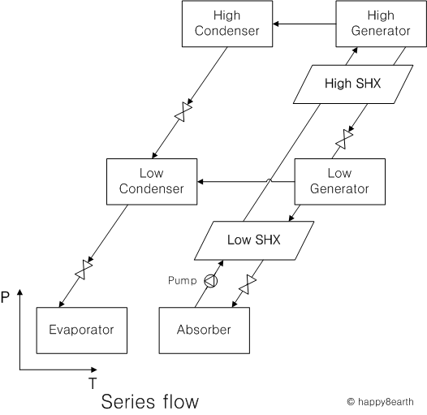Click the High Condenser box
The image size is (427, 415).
tap(227, 24)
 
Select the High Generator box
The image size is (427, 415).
tap(381, 24)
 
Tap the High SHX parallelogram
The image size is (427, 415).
tap(353, 84)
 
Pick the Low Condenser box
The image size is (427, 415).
tap(152, 181)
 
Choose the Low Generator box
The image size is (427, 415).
tap(340, 181)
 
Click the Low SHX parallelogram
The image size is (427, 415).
tap(254, 240)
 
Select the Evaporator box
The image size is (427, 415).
tap(82, 331)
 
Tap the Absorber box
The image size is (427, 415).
tap(205, 331)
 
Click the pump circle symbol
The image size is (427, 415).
tap(211, 281)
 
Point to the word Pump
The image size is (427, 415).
tap(182, 280)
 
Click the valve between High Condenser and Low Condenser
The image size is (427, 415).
tap(183, 112)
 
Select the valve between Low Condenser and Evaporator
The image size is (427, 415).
tap(84, 270)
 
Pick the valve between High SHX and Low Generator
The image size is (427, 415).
tap(344, 139)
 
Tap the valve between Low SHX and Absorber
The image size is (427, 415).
tap(248, 284)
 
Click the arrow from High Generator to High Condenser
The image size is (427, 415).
tap(304, 24)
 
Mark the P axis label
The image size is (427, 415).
tap(5, 297)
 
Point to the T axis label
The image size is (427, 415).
tap(93, 383)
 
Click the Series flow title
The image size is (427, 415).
tap(150, 401)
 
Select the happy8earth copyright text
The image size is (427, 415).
tap(380, 402)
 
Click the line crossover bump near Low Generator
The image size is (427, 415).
tap(269, 180)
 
